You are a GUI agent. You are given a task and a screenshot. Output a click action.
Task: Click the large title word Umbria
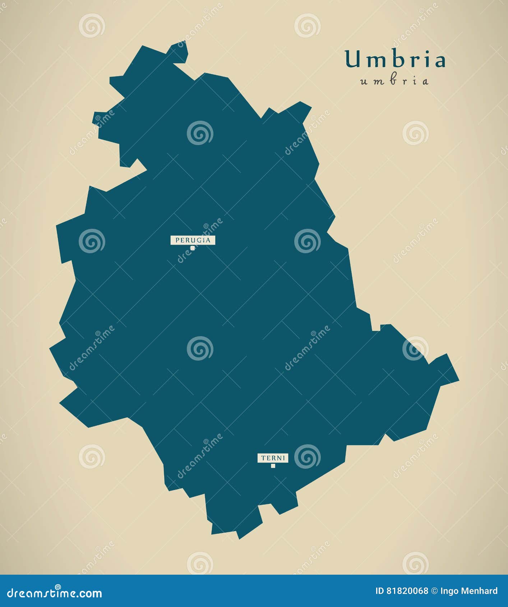(x=395, y=60)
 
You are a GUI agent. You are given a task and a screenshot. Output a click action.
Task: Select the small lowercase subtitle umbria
(x=394, y=81)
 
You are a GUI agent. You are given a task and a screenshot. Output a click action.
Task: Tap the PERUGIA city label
(x=193, y=240)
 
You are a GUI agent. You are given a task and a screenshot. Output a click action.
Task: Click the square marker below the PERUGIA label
(x=193, y=248)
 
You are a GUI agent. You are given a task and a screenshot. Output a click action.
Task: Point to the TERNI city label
(x=273, y=458)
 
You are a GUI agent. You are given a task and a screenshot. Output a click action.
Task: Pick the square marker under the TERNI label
(x=273, y=466)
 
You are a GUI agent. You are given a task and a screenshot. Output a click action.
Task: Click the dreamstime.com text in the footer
(x=55, y=593)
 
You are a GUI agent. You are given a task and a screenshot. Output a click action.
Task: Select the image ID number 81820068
(x=407, y=591)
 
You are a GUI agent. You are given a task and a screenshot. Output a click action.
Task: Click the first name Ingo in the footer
(x=448, y=591)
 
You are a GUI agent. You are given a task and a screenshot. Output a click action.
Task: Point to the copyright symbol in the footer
(x=434, y=591)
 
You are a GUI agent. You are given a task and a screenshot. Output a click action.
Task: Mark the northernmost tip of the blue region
(x=184, y=41)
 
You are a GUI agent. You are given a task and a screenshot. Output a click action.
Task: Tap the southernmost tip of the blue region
(x=239, y=538)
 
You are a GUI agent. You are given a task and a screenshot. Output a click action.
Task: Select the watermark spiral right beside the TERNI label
(x=307, y=457)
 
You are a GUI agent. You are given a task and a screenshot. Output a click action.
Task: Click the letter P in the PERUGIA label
(x=177, y=240)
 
